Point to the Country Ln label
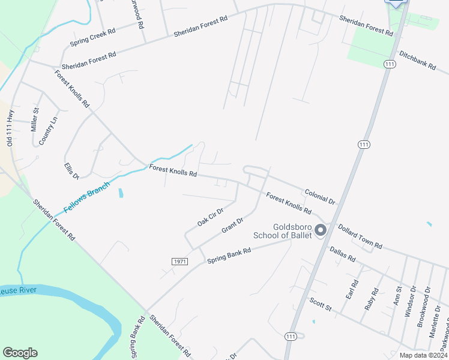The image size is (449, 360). [49, 130]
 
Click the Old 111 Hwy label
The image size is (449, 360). [10, 127]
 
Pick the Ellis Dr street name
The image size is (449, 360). [71, 170]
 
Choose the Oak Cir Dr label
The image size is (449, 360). [210, 217]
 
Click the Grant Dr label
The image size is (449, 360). [232, 226]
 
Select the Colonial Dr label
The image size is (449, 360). [319, 195]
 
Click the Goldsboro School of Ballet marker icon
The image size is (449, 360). [321, 230]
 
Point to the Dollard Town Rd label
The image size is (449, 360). [360, 236]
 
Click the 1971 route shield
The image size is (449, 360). [179, 262]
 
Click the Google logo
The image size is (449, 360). [20, 353]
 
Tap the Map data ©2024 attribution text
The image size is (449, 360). [423, 355]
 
